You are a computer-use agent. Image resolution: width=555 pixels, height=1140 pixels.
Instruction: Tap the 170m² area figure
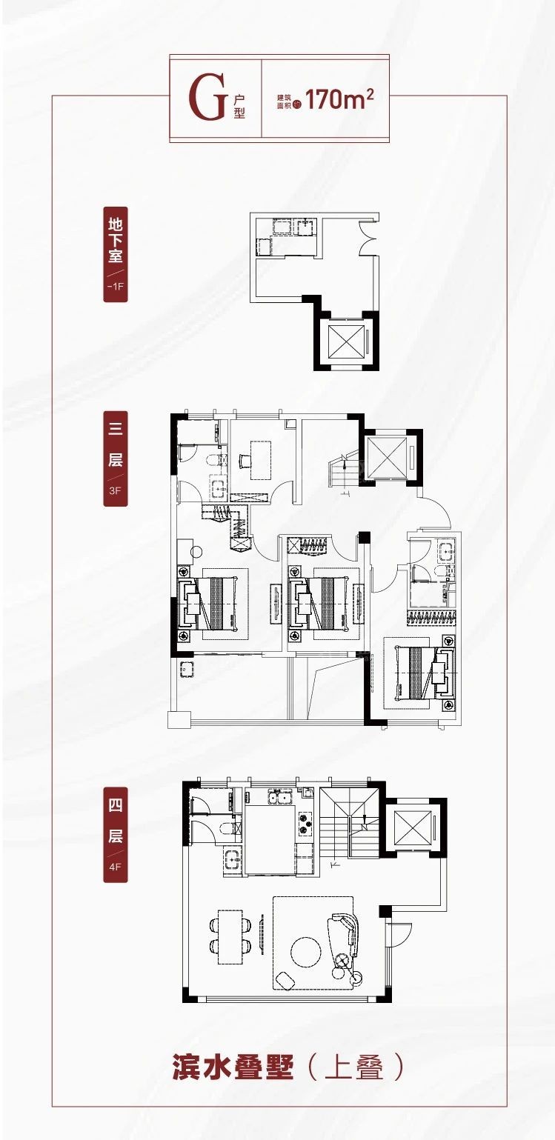pyautogui.click(x=339, y=99)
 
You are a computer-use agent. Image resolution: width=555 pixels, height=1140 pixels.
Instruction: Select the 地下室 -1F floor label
pyautogui.click(x=116, y=254)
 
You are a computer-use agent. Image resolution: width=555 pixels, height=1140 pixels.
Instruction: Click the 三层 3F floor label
pyautogui.click(x=116, y=459)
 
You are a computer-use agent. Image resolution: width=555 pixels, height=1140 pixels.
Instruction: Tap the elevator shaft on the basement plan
pyautogui.click(x=346, y=341)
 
